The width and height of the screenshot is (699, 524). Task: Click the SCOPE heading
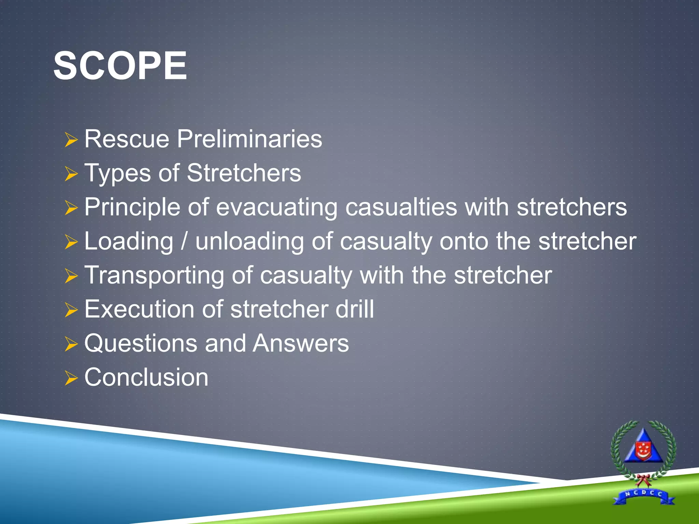[x=120, y=65]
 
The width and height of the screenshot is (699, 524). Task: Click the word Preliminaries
[x=249, y=139]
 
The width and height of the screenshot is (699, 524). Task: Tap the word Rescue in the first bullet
[x=127, y=139]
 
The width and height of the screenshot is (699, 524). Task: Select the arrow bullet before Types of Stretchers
[x=71, y=174]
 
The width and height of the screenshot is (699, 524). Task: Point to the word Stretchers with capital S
[x=244, y=173]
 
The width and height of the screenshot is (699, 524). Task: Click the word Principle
[x=132, y=207]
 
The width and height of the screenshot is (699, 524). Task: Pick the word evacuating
[x=276, y=207]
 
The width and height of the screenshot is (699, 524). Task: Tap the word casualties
[x=401, y=207]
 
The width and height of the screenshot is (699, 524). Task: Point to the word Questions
[x=141, y=344]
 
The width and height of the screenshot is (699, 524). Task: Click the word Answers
[x=301, y=344]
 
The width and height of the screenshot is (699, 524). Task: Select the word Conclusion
[x=146, y=378]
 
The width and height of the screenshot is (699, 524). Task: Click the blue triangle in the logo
[x=643, y=443]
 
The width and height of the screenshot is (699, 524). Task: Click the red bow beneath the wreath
[x=643, y=479]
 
